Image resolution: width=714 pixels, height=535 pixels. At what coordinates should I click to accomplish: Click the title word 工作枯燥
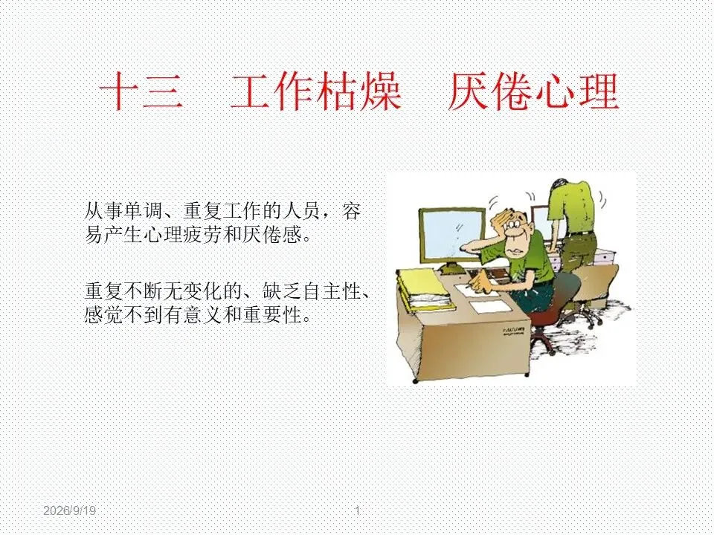click(x=316, y=92)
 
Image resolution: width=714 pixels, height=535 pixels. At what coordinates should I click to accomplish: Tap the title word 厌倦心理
click(x=533, y=92)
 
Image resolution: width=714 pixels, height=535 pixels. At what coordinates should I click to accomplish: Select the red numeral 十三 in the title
click(x=141, y=92)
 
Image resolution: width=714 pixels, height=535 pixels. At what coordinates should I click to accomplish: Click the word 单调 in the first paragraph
click(x=144, y=211)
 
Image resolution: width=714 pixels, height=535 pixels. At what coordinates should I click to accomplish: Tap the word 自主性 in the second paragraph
click(x=332, y=291)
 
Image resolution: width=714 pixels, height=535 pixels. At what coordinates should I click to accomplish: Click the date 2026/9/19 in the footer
click(x=70, y=510)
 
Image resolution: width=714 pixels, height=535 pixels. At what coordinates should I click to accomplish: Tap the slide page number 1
click(x=358, y=510)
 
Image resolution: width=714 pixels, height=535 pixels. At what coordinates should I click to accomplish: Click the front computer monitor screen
click(x=452, y=238)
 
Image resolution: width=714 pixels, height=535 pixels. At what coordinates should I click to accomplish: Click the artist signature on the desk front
click(x=514, y=330)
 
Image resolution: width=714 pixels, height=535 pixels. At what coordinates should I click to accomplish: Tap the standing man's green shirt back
click(x=572, y=207)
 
